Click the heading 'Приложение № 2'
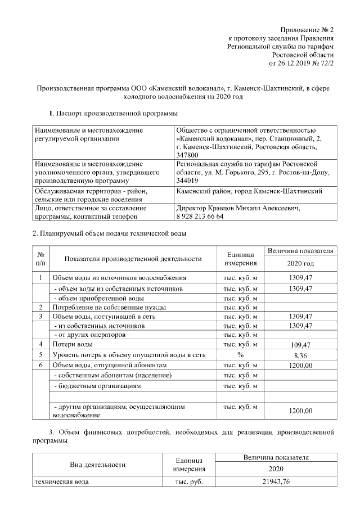tap(307, 29)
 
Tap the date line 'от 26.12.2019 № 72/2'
tap(301, 64)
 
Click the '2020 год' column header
tap(300, 263)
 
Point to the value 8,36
tap(300, 355)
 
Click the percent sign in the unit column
tap(240, 355)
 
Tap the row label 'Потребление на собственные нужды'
tap(109, 308)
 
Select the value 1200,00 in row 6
tap(300, 366)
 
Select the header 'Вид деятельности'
tap(97, 465)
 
